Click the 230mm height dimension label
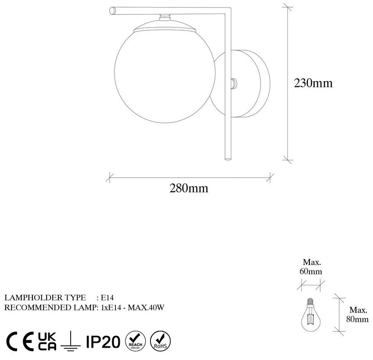(x=313, y=83)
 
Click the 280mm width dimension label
(x=189, y=188)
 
